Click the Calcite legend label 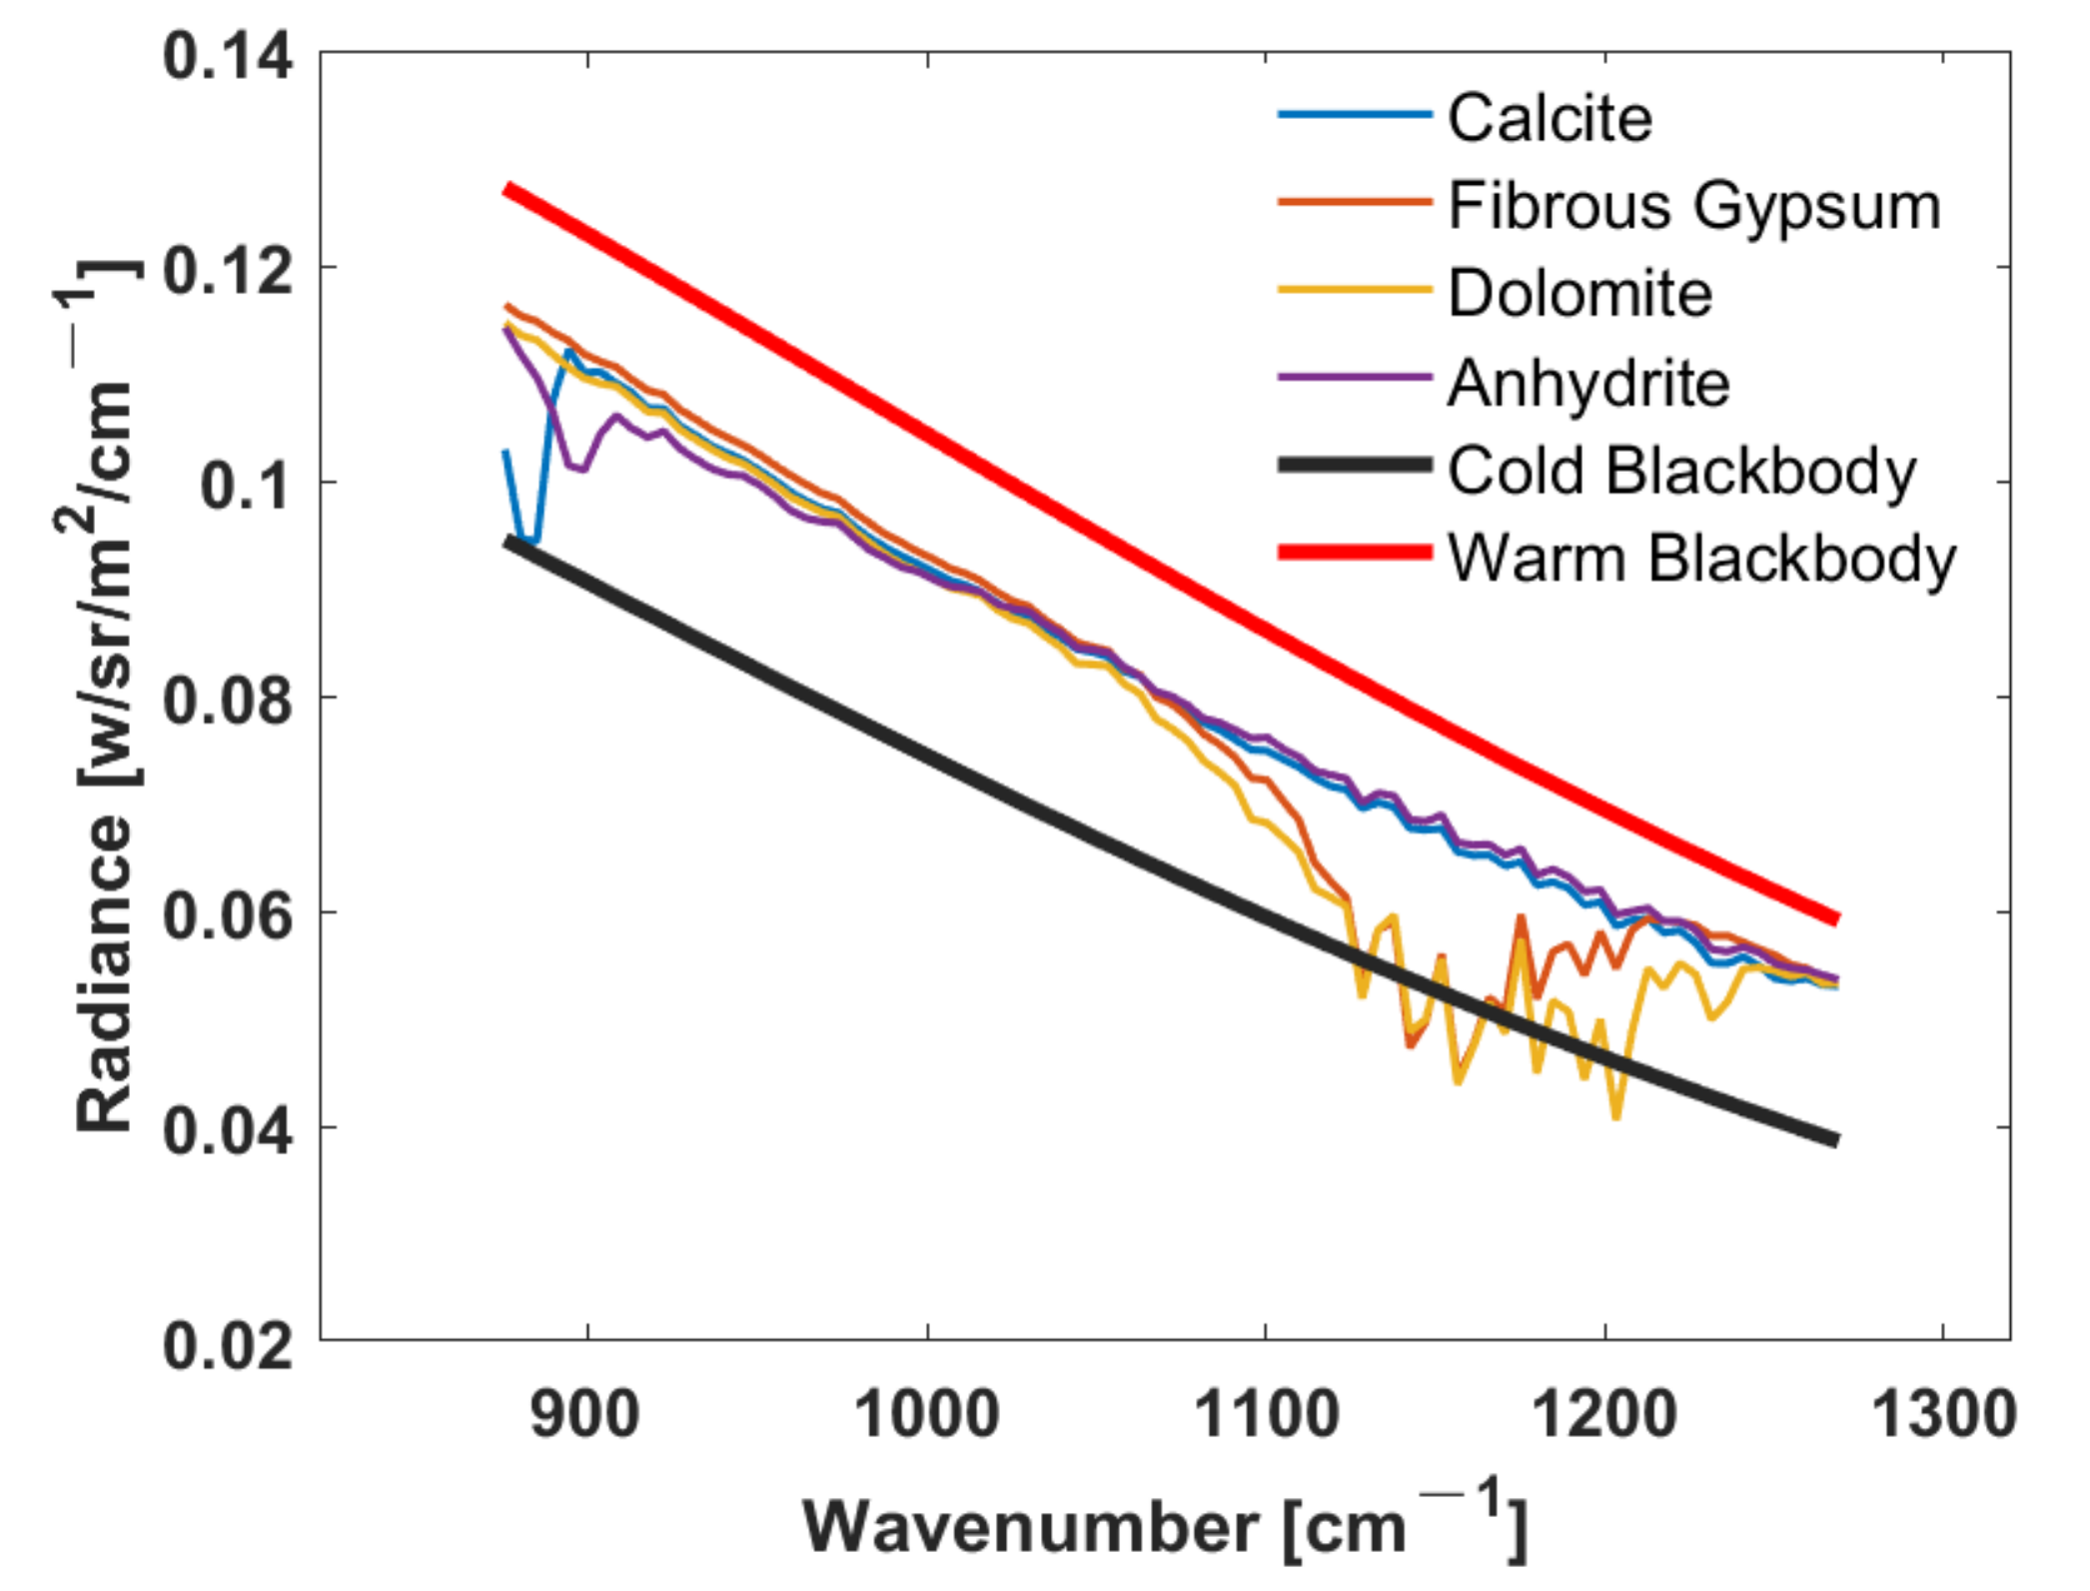tap(1550, 119)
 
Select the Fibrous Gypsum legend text tap(1694, 207)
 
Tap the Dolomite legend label tap(1579, 294)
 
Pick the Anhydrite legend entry tap(1587, 383)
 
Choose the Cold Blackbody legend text tap(1681, 470)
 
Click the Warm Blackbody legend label tap(1701, 558)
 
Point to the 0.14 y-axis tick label tap(228, 56)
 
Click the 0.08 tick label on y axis tap(228, 700)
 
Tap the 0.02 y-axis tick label tap(228, 1344)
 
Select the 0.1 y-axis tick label tap(246, 486)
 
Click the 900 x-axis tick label tap(586, 1415)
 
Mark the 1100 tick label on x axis tap(1266, 1415)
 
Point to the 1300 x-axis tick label tap(1942, 1415)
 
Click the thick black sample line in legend tap(1355, 465)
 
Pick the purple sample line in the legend tap(1355, 377)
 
